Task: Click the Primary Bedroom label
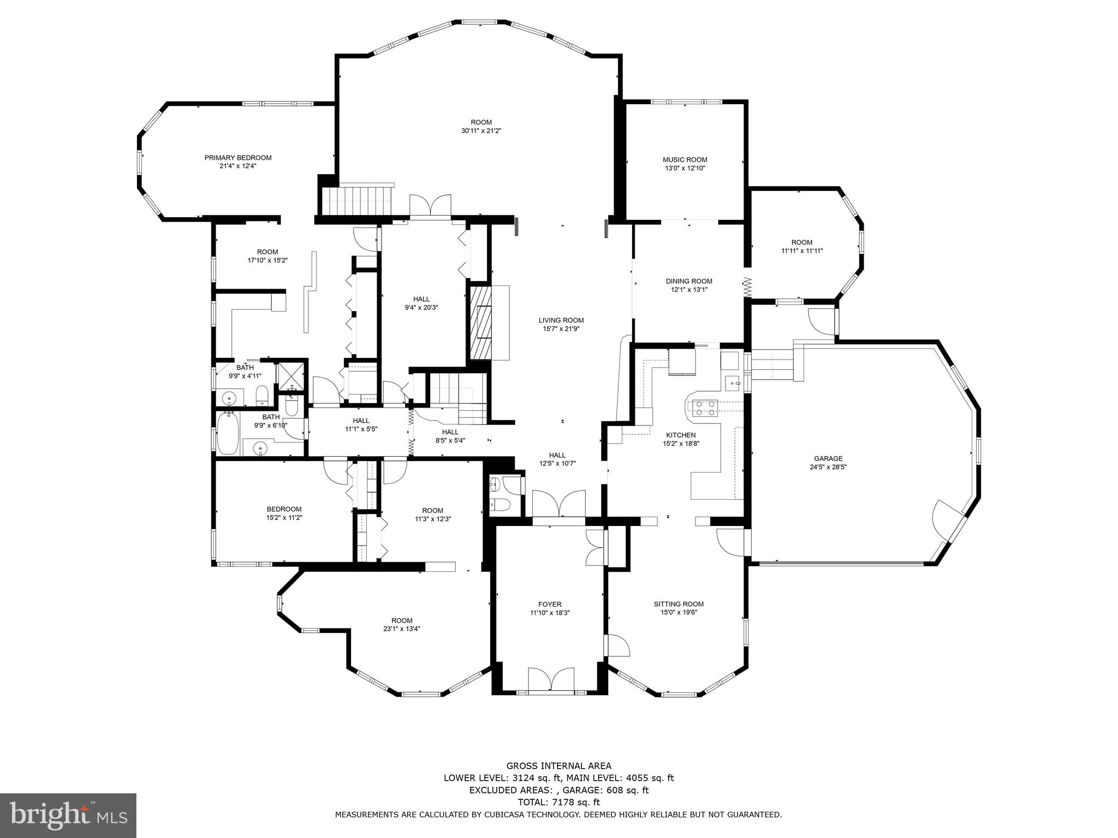click(x=237, y=158)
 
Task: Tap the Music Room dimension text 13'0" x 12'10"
click(x=685, y=169)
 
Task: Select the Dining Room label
click(x=689, y=281)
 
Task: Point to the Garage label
click(x=828, y=458)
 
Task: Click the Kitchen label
click(x=681, y=435)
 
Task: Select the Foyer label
click(x=550, y=604)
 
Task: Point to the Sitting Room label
click(x=679, y=603)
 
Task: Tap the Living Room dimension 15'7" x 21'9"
click(x=561, y=329)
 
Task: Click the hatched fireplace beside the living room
click(x=480, y=322)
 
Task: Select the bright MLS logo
click(x=68, y=816)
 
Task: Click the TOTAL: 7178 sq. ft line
click(x=558, y=802)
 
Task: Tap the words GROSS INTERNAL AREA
click(x=558, y=765)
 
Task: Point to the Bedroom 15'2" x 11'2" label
click(x=284, y=509)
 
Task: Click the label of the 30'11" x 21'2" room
click(x=481, y=122)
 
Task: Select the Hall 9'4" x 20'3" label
click(x=421, y=299)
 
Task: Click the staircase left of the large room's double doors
click(x=358, y=201)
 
